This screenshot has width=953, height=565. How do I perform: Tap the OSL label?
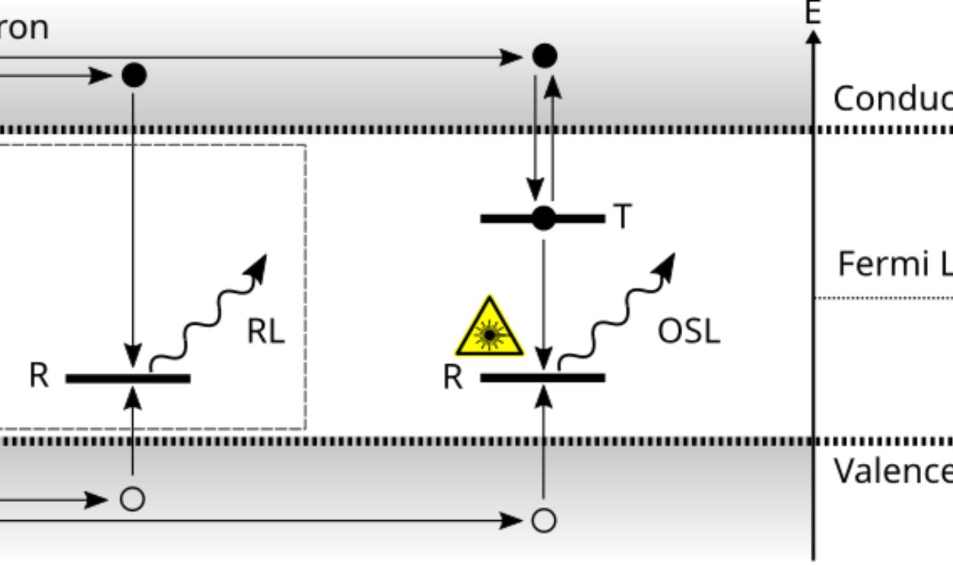pos(688,332)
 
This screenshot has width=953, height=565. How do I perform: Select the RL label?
pos(265,332)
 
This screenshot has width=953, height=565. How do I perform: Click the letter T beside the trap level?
pos(622,218)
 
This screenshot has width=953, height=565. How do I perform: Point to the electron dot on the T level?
pos(543,218)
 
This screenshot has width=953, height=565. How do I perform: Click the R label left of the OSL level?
pos(453,377)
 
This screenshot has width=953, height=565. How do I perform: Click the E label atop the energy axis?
pos(813,13)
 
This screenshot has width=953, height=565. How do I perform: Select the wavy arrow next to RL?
pos(209,312)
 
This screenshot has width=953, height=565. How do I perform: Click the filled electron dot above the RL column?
pos(134,75)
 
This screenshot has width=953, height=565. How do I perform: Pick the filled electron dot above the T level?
pos(544,56)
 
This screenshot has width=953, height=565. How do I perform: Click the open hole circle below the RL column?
pos(133,500)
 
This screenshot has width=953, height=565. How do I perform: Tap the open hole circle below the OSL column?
pos(543,520)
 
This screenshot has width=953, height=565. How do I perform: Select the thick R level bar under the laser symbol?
pos(510,377)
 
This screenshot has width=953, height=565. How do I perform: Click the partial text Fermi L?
pos(894,264)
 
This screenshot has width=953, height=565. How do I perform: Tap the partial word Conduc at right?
pos(892,98)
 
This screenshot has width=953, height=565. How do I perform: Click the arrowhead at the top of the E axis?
pos(814,37)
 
